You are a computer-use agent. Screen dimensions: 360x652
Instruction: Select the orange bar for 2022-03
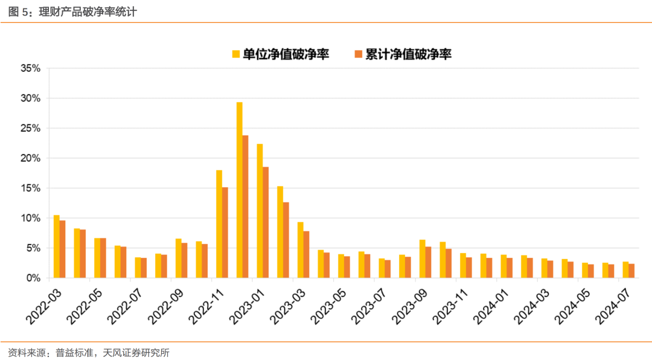pos(62,249)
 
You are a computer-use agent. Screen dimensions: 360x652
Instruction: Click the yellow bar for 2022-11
pos(219,224)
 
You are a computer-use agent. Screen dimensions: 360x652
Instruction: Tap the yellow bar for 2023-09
pos(422,259)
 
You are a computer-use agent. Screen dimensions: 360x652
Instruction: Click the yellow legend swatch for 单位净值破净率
pos(236,54)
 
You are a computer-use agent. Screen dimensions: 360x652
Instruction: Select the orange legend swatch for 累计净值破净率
pos(358,54)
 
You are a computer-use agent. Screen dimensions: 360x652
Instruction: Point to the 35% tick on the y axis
pos(31,68)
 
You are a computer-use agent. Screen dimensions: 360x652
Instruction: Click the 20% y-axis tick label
pos(31,158)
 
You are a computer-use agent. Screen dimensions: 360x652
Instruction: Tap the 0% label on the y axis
pos(34,278)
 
